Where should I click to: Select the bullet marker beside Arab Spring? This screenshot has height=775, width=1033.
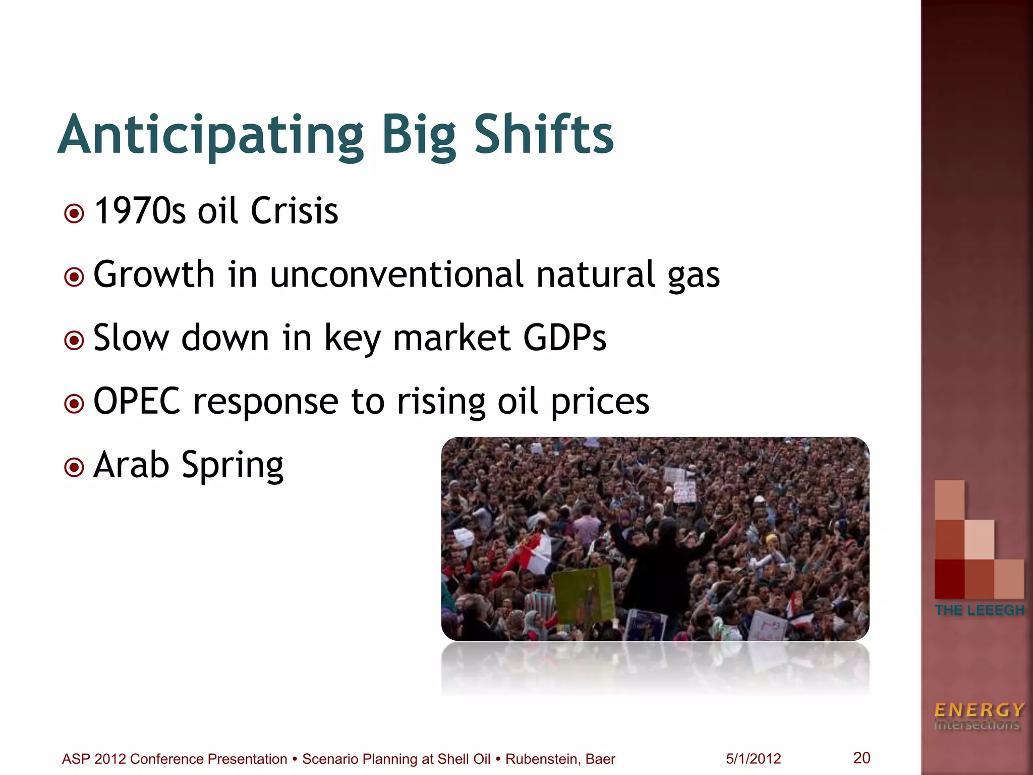point(75,468)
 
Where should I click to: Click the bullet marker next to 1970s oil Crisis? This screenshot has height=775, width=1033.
point(75,213)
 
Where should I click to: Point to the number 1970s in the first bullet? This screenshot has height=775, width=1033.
point(140,211)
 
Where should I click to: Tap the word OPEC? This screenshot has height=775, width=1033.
point(137,402)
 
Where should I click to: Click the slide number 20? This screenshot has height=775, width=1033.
point(862,757)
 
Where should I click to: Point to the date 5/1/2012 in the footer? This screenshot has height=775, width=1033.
point(753,759)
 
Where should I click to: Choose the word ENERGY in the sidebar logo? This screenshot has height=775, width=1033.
point(979,710)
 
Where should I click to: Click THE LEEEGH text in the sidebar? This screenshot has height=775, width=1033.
point(980,610)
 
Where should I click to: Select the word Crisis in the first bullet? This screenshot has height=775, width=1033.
point(294,211)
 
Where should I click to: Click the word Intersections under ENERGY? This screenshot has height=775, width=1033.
point(977,725)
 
